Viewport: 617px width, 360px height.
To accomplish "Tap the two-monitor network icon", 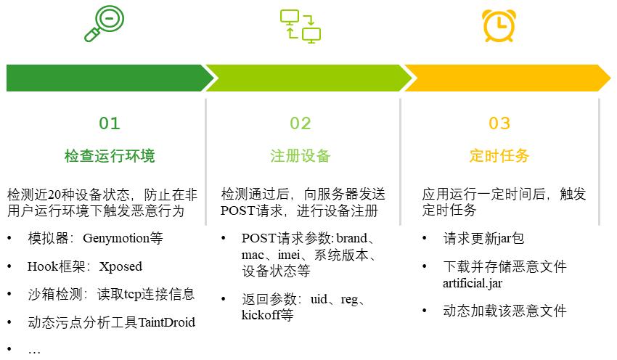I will click(x=301, y=25).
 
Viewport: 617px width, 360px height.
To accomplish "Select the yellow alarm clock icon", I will click(x=499, y=23).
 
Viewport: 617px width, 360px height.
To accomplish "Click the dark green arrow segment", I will click(x=105, y=78).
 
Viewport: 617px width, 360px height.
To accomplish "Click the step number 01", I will click(x=110, y=123).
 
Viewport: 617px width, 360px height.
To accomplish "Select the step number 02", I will click(x=301, y=123).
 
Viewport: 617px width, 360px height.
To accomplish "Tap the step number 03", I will click(x=499, y=123).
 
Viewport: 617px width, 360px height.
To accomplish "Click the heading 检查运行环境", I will click(x=110, y=156).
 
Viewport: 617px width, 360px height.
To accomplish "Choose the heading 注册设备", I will click(x=301, y=156).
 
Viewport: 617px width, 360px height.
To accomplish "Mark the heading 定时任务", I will click(x=499, y=156).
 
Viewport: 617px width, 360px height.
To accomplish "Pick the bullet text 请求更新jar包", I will click(x=483, y=238).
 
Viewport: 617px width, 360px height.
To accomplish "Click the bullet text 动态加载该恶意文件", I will click(x=504, y=311).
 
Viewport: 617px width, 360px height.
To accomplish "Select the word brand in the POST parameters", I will click(x=353, y=238).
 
